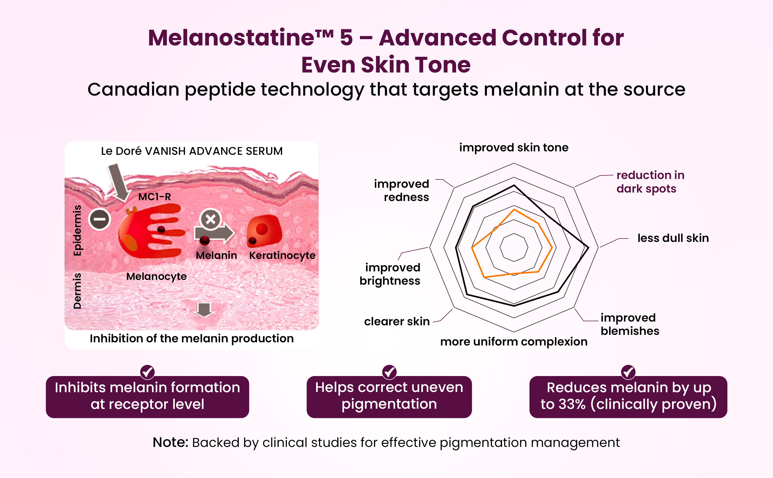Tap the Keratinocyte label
282,255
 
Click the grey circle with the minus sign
100,219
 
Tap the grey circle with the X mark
211,219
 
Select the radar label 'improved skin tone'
514,148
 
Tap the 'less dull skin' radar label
673,238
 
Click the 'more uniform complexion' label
514,342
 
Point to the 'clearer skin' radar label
397,321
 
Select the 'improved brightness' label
390,274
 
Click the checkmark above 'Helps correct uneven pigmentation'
389,372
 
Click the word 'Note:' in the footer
171,442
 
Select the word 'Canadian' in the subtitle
133,89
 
